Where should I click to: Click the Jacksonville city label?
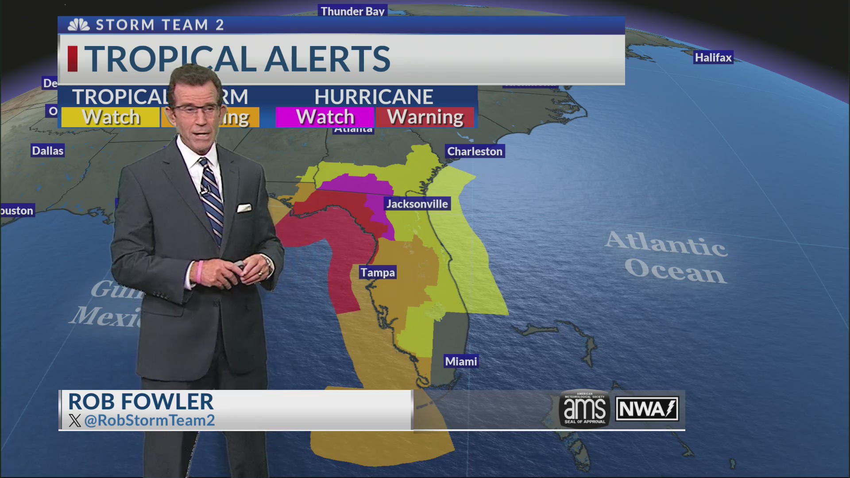(x=417, y=204)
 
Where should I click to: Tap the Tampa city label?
(x=377, y=272)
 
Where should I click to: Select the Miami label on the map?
(x=461, y=361)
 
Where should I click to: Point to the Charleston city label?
(x=475, y=151)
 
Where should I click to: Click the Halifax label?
(x=713, y=58)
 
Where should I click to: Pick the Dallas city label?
(x=48, y=151)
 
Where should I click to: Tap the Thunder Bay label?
(x=352, y=11)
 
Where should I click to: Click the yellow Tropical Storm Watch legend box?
(x=111, y=117)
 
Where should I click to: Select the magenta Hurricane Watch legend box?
(x=325, y=117)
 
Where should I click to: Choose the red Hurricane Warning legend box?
(x=425, y=117)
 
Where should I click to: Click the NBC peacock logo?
(x=79, y=25)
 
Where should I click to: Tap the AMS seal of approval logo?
(x=584, y=409)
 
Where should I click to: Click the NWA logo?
(x=647, y=409)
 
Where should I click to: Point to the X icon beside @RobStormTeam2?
(x=75, y=420)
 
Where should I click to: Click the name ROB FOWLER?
(x=141, y=401)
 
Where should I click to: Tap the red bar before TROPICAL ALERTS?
(x=73, y=59)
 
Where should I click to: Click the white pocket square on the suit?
(x=244, y=208)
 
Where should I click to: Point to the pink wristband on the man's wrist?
(x=200, y=272)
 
